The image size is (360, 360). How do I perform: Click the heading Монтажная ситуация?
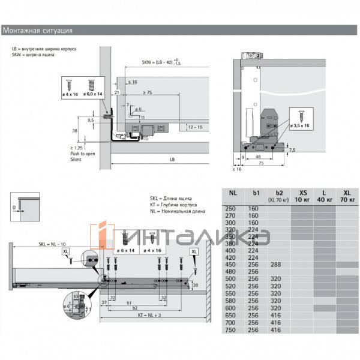click(x=38, y=29)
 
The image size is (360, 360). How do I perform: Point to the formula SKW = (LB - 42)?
click(x=160, y=62)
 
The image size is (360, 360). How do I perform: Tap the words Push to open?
click(x=83, y=154)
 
